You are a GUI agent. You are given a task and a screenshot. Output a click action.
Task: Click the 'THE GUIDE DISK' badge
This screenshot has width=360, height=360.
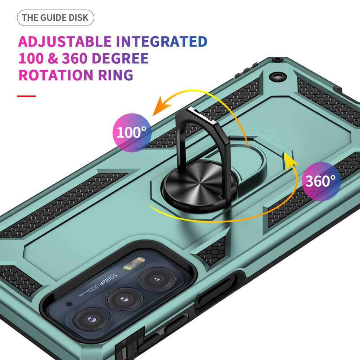[x=55, y=18]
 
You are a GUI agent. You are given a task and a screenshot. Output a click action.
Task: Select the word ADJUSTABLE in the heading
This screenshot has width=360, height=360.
[x=65, y=42]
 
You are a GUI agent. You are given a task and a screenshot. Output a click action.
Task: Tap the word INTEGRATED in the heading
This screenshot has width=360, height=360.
[x=161, y=42]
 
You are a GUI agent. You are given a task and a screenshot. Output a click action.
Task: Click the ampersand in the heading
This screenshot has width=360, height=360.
[x=58, y=59]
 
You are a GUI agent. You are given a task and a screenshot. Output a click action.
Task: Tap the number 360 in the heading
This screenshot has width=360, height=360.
[x=77, y=58]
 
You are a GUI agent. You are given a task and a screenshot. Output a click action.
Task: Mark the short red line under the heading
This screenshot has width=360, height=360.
[x=26, y=96]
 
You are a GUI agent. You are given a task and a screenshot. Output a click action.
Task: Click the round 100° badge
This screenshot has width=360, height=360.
[x=131, y=132]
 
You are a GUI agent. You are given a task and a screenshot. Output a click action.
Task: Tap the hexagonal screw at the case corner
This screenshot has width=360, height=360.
[x=279, y=76]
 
